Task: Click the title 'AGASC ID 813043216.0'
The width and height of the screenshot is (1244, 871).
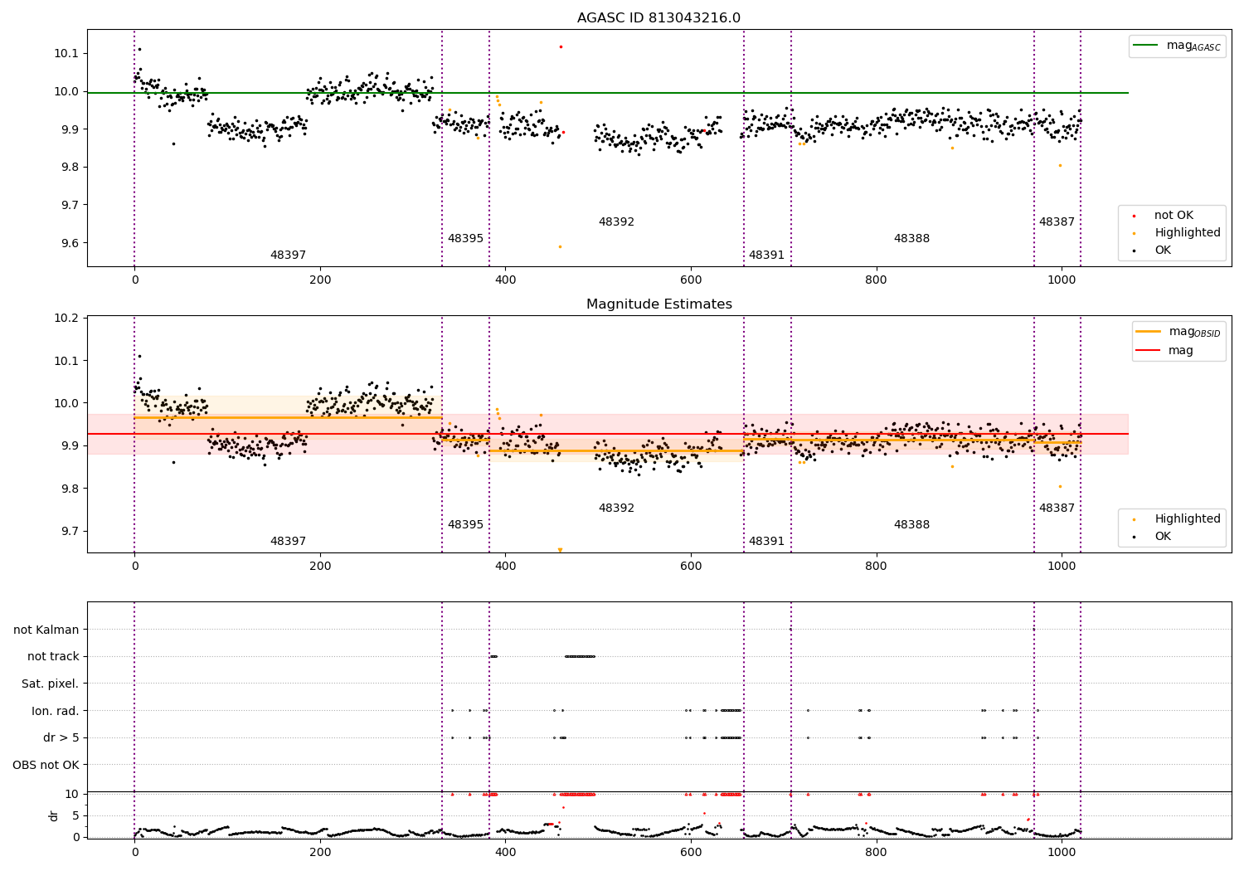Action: click(x=658, y=18)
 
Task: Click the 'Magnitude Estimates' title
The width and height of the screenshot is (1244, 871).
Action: click(x=658, y=304)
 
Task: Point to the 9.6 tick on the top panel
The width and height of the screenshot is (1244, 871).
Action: click(x=68, y=244)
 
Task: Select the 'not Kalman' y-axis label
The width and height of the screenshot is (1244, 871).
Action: click(x=46, y=630)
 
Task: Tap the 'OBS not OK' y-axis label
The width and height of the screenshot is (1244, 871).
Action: click(x=46, y=765)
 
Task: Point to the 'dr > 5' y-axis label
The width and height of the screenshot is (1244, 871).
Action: click(x=61, y=738)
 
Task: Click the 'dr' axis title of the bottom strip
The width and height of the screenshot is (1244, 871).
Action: click(x=54, y=815)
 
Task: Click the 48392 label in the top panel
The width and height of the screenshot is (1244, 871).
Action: click(x=616, y=222)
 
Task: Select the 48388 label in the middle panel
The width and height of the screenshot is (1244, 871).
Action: click(x=911, y=525)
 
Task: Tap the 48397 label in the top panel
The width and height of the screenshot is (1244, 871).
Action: click(x=288, y=255)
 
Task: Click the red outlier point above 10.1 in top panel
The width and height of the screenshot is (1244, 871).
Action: click(x=561, y=46)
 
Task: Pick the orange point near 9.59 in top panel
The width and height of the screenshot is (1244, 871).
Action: click(x=560, y=246)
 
